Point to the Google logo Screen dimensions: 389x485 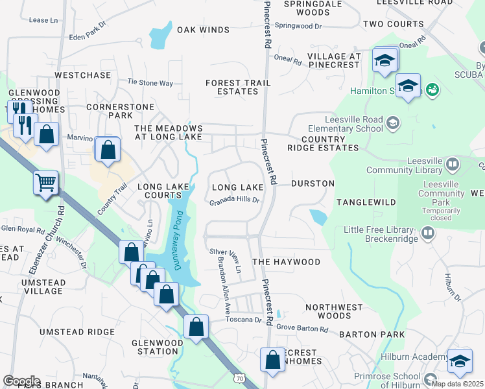coord(21,381)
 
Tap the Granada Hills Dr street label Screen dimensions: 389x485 coord(234,201)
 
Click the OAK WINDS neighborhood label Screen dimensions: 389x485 coord(203,30)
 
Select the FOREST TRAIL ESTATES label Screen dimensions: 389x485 coord(232,87)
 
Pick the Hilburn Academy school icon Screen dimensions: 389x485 coord(460,360)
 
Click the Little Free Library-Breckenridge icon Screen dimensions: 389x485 coord(427,231)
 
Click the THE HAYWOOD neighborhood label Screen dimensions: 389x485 coord(286,262)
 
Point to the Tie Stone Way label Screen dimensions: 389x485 coord(150,83)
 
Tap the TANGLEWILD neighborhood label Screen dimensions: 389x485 coord(366,202)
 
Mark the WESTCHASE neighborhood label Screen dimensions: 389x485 coord(83,75)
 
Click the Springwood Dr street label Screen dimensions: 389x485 coord(298,25)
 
